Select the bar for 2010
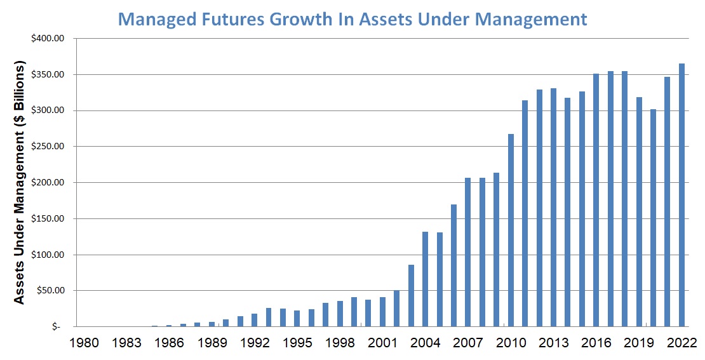click(511, 230)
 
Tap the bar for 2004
click(426, 279)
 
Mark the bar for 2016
click(596, 200)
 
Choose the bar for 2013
click(554, 207)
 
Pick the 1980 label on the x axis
click(84, 343)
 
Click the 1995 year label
click(297, 343)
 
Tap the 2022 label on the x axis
click(681, 343)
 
